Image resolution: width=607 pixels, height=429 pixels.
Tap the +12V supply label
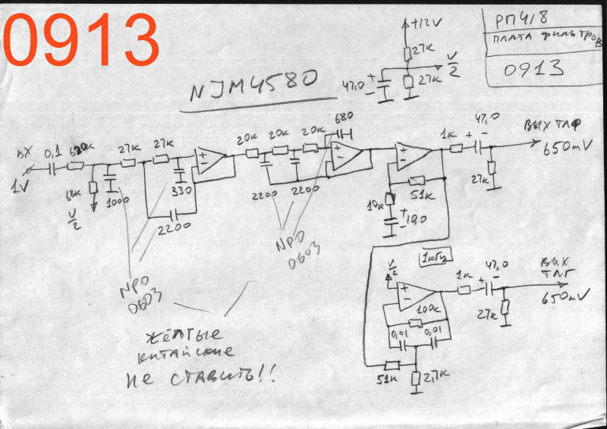coord(424,23)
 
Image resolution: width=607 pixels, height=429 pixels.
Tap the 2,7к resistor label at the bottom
coord(435,377)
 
